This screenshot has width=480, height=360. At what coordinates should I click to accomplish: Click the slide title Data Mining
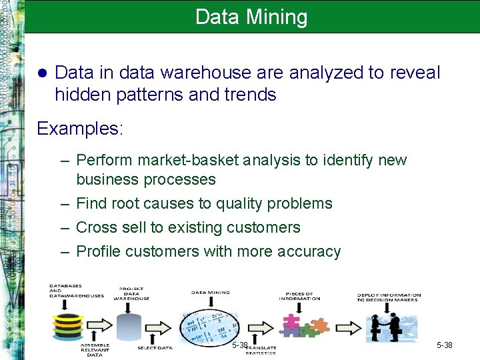pos(251,17)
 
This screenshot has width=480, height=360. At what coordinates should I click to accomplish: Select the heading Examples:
pos(80,129)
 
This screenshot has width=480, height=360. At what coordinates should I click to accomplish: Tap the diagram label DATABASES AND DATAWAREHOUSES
pos(76,291)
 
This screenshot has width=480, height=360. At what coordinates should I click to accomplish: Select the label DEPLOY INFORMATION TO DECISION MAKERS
pos(389,297)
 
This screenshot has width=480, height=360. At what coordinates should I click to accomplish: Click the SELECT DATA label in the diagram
pos(155,348)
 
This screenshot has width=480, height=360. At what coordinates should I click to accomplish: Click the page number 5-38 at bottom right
pos(444,345)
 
